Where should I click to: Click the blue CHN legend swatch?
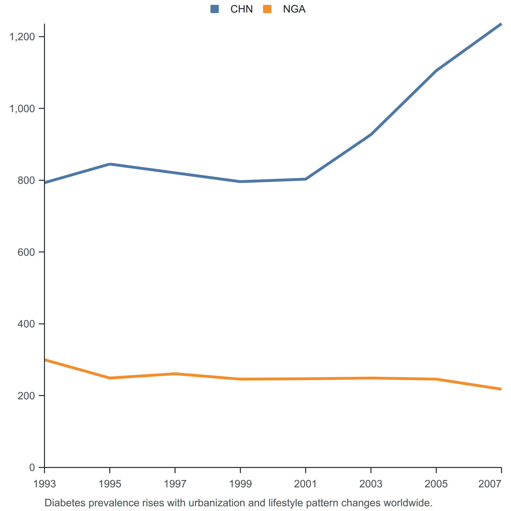click(215, 9)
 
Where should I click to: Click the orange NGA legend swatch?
click(267, 9)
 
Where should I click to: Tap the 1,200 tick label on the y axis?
click(22, 37)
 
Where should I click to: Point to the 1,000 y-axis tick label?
click(22, 108)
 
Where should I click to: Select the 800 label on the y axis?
click(26, 180)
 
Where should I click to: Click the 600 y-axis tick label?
click(26, 252)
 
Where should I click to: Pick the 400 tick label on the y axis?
click(26, 324)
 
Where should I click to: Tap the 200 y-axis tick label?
click(26, 396)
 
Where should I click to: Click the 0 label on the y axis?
click(32, 467)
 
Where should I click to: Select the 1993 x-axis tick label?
click(44, 484)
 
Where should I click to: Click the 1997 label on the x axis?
click(175, 484)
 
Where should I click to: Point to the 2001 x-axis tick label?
click(305, 484)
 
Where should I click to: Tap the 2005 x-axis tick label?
click(436, 484)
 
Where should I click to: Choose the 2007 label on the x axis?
click(490, 484)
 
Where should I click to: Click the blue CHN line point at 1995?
click(110, 164)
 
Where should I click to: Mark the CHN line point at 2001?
click(305, 179)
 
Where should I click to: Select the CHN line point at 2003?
click(371, 135)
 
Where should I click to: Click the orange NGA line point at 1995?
click(110, 378)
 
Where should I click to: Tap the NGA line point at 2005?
click(436, 379)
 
